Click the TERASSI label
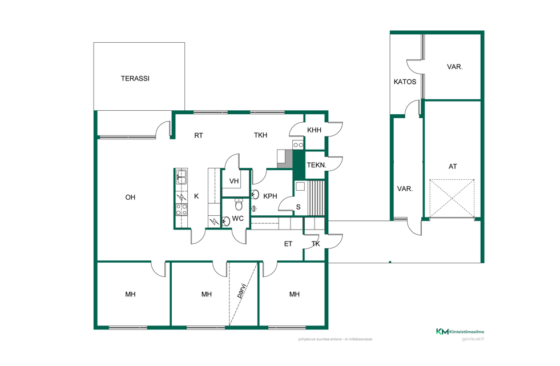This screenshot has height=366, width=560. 135,79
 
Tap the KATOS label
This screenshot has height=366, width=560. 405,82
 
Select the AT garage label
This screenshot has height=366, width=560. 453,166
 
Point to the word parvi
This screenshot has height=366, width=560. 242,291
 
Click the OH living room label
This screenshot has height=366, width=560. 130,197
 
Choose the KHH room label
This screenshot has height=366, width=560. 315,130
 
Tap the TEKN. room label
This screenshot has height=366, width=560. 316,165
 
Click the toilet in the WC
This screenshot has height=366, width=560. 239,204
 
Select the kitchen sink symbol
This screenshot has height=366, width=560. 182,177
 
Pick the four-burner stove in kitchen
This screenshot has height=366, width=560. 182,209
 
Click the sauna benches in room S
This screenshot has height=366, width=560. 316,198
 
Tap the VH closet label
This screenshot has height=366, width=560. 234,181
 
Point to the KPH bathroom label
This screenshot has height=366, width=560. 270,196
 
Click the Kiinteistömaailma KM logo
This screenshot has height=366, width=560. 460,332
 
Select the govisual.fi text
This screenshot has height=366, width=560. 473,339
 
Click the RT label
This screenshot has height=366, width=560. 199,135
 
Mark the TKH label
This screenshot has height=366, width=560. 261,135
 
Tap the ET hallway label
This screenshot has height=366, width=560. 288,244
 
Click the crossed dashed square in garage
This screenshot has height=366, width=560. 452,198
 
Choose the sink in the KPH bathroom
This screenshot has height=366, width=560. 255,195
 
